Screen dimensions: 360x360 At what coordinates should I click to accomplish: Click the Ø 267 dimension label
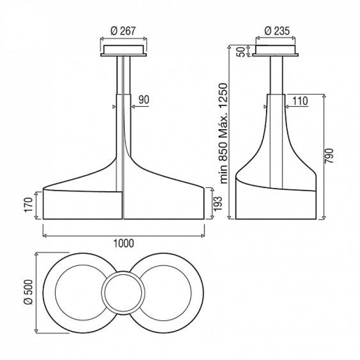pos(123,31)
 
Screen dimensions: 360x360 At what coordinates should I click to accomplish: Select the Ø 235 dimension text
pos(277,31)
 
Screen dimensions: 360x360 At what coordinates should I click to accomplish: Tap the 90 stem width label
pos(144,99)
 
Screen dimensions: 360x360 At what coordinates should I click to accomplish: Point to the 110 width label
pos(300,101)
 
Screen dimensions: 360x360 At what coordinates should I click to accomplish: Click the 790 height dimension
pos(328,156)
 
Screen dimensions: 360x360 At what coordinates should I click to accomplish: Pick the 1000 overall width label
pos(124,243)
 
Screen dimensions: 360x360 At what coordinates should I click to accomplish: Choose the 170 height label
pos(29,205)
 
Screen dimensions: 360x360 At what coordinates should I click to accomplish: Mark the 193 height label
pos(218,203)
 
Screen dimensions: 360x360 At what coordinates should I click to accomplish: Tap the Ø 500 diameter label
pos(29,292)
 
